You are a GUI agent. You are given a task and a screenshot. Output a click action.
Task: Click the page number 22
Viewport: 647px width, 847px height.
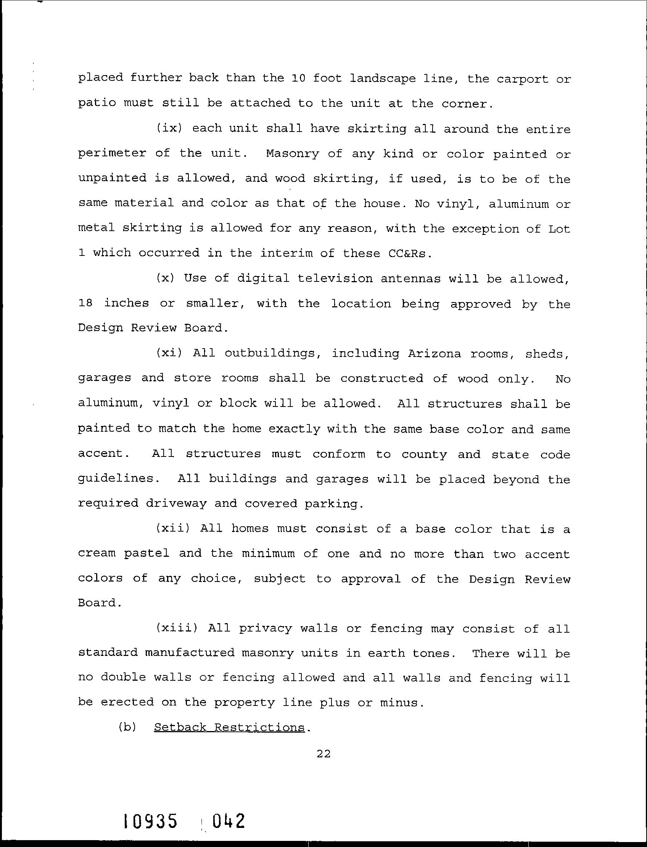(323, 764)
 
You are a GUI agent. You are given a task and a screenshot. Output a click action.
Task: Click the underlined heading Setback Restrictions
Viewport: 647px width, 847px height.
(229, 727)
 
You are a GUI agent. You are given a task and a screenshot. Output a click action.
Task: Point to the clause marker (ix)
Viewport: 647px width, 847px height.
(169, 128)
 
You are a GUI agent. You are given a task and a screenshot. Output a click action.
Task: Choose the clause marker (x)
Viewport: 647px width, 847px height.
(165, 278)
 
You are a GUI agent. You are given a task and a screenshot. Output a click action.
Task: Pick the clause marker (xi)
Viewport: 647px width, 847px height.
(169, 353)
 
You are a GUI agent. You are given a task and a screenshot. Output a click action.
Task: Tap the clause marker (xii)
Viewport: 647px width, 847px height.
(172, 528)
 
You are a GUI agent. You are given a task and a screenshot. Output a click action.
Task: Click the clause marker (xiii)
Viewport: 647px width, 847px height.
(176, 628)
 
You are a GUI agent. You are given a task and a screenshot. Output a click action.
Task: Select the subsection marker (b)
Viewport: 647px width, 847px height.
(127, 727)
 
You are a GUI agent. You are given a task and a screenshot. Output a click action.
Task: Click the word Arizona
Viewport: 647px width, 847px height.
(435, 354)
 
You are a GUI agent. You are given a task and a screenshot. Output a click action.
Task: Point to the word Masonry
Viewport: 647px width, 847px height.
(292, 154)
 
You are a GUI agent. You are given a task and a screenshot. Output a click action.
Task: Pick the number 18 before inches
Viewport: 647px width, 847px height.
(85, 304)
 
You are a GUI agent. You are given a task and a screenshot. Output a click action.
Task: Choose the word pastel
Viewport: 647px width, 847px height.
(146, 554)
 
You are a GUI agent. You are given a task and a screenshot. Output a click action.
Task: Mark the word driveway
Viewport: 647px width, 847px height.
(175, 503)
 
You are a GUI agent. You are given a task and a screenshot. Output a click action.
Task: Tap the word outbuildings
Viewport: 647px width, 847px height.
(269, 354)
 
